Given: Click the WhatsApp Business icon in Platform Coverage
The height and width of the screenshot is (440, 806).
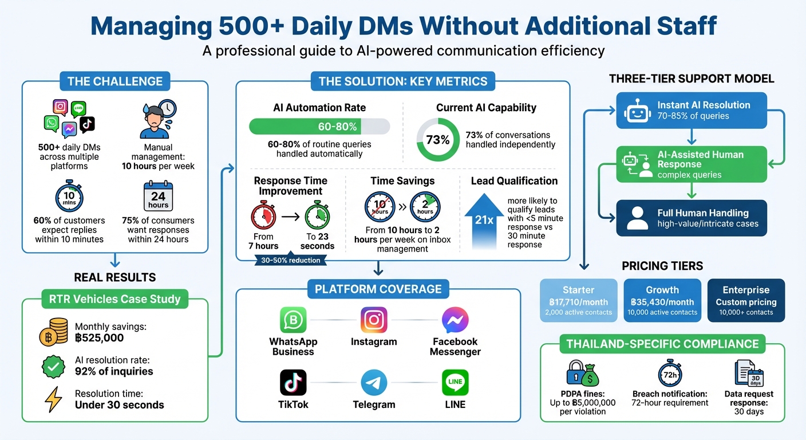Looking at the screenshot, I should click(293, 320).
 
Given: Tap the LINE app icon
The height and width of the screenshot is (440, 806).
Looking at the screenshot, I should click(455, 382).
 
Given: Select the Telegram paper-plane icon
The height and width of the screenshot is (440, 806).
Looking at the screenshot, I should click(374, 382).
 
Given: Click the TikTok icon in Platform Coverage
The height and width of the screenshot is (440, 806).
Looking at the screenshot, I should click(293, 382).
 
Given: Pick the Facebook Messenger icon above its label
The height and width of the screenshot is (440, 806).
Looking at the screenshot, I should click(455, 320).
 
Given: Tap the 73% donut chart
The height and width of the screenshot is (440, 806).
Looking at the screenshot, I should click(438, 140).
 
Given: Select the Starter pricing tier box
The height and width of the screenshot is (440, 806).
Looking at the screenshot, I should click(579, 300).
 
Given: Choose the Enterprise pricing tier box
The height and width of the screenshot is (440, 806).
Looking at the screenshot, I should click(746, 300).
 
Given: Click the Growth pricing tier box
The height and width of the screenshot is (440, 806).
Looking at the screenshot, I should click(662, 300).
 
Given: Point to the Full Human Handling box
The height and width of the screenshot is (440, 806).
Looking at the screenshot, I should click(691, 218).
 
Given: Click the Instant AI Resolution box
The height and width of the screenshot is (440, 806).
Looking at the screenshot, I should click(691, 110).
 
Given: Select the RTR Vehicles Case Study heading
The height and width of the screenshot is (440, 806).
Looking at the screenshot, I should click(114, 298).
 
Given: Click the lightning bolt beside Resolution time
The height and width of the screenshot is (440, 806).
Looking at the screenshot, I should click(53, 399).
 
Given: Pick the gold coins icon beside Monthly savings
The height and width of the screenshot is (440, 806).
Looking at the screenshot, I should click(53, 333).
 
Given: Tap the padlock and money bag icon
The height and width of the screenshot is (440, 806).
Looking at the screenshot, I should click(582, 374).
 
